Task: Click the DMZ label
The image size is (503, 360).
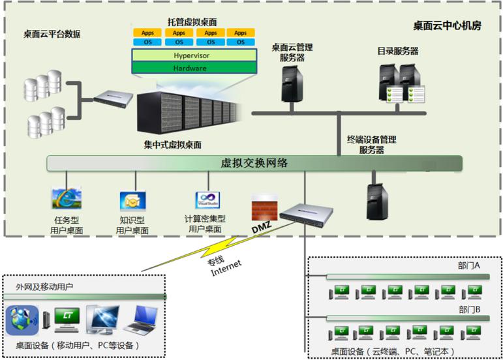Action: coord(262,228)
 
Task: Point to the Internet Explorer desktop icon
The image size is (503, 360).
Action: coord(67,198)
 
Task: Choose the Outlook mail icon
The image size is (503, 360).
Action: coord(133,201)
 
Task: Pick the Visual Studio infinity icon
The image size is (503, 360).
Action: coord(207,200)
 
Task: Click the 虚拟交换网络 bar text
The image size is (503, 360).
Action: coord(254,163)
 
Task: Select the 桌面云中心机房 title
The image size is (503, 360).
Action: coord(447,25)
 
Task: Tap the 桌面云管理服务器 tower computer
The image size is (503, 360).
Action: coord(292,84)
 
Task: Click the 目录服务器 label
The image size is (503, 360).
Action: coord(398,51)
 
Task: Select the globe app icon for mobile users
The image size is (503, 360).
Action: coord(22,320)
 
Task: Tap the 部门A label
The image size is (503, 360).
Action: coord(468,265)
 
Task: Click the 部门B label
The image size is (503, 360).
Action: coord(469,310)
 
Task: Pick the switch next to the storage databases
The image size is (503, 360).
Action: coord(114,98)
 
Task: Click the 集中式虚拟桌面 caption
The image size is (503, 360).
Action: coord(173,145)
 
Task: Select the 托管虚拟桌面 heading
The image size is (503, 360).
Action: coord(192,22)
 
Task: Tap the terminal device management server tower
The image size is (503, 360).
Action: coord(377,202)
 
